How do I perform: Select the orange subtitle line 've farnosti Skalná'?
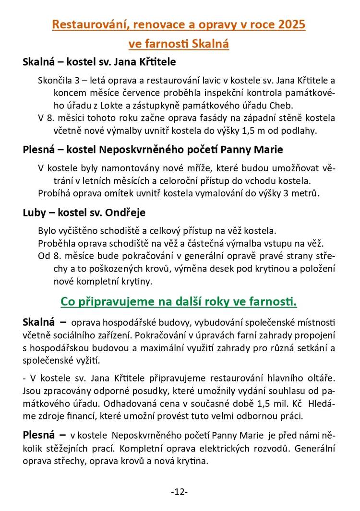point(179,44)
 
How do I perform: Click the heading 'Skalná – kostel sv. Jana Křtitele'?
point(99,62)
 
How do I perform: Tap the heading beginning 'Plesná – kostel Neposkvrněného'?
point(153,150)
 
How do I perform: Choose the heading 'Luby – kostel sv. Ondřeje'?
point(84,212)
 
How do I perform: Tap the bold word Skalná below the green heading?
point(39,321)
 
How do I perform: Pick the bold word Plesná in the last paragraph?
point(39,435)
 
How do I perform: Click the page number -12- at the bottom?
point(179,492)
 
